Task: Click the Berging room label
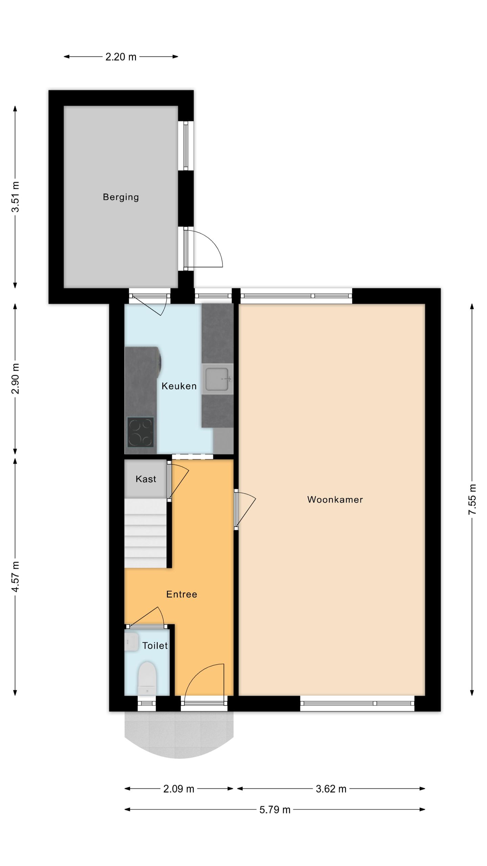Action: click(x=121, y=197)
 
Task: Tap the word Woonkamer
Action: click(x=335, y=500)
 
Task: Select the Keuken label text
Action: click(x=179, y=386)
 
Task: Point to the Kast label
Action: click(x=146, y=479)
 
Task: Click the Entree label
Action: click(x=182, y=594)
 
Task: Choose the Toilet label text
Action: click(x=155, y=646)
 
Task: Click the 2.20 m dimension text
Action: click(x=121, y=57)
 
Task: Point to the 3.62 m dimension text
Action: click(x=331, y=789)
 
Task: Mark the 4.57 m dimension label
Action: click(x=15, y=576)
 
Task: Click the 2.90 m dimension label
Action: click(x=15, y=379)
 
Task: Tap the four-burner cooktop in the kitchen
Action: click(x=140, y=432)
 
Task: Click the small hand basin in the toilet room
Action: click(x=131, y=642)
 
